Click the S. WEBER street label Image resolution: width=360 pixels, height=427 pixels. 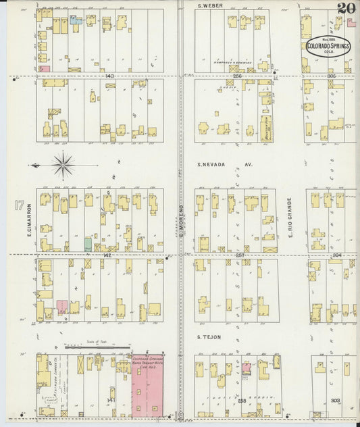210,6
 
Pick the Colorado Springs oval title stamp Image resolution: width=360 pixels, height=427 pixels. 328,45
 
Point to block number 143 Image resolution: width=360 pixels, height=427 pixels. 109,76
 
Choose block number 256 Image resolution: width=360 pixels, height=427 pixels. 237,76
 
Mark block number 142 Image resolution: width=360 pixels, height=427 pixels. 107,256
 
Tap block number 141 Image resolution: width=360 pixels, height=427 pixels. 110,401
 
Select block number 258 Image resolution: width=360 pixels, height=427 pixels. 242,401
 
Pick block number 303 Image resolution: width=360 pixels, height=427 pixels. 335,401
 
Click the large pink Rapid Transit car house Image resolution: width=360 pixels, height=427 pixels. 148,385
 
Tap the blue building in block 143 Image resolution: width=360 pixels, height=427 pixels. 76,20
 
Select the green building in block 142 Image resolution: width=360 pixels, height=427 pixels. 88,244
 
